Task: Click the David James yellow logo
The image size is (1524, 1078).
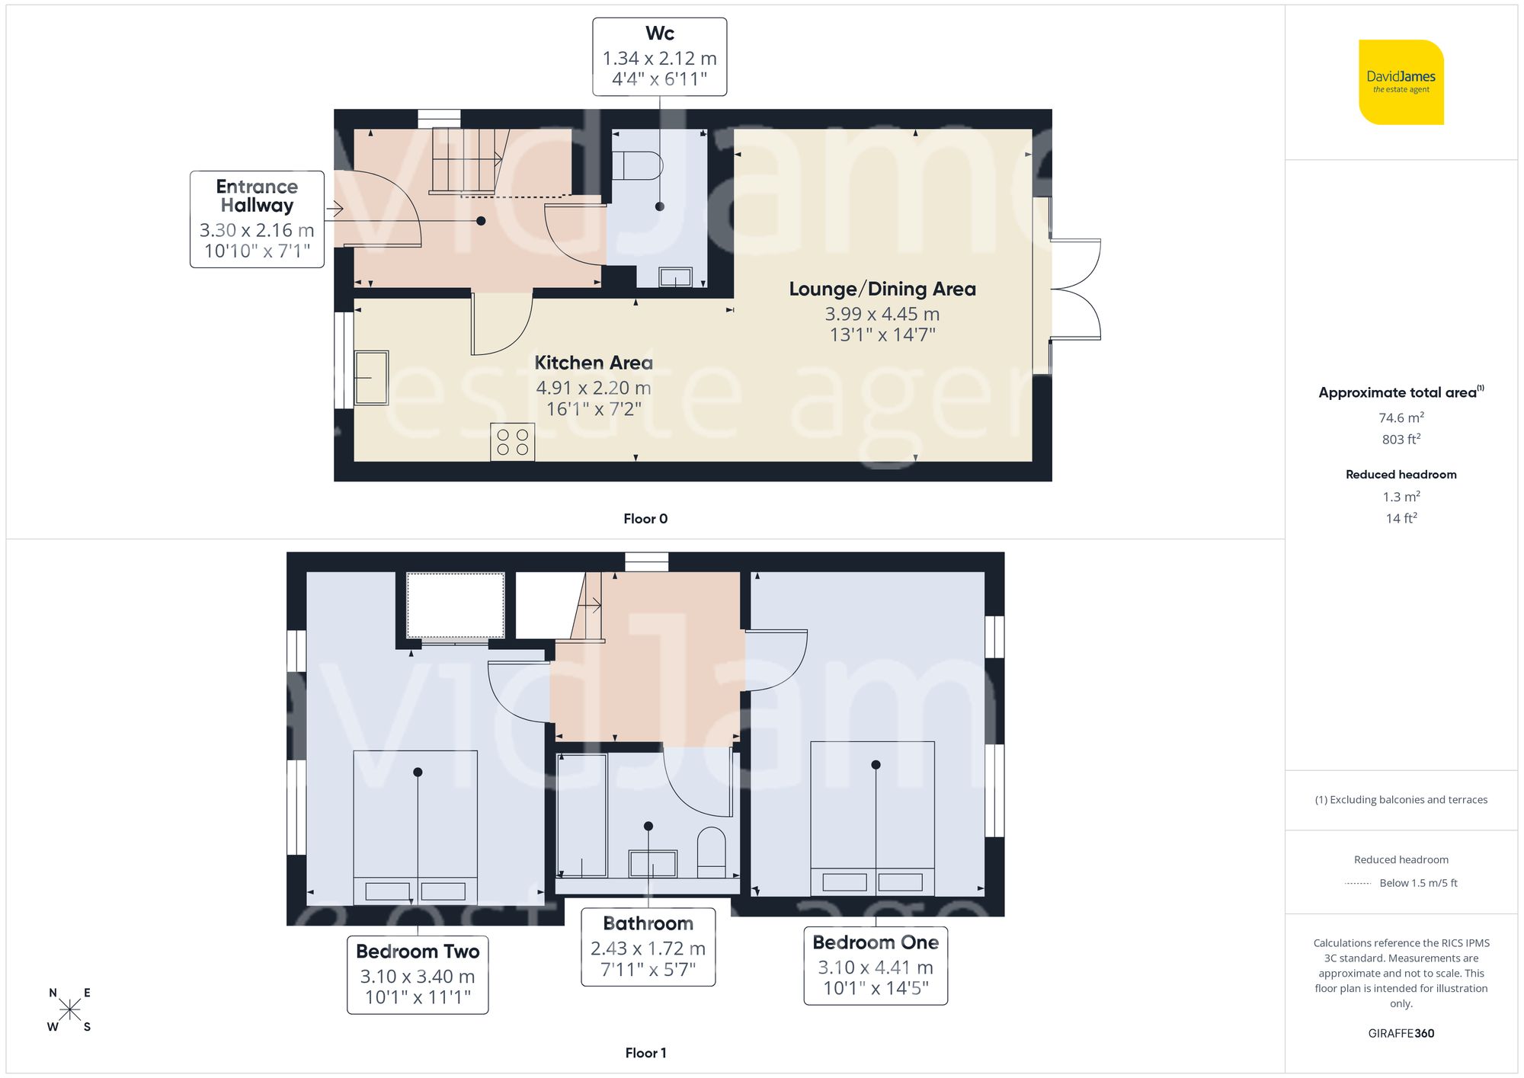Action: pos(1401,82)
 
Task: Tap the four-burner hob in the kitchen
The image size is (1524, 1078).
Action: pos(512,442)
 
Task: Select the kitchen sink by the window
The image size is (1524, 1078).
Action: pos(372,377)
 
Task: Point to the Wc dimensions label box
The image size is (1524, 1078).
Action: pos(659,57)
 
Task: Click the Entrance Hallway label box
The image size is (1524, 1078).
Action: pos(257,219)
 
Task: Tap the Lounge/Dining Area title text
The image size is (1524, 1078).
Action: pos(882,289)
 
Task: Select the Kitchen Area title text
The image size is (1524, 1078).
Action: pos(593,363)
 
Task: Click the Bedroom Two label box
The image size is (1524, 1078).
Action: pos(418,974)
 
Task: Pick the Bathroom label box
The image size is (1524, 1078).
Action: pos(648,946)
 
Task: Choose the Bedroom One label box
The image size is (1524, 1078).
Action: pos(875,965)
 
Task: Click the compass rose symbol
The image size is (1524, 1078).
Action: pos(69,1010)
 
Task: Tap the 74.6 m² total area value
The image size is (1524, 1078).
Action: pos(1401,417)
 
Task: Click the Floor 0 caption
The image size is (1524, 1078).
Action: pos(645,519)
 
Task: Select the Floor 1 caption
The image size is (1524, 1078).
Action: pos(645,1053)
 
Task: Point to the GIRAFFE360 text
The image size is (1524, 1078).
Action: pos(1401,1033)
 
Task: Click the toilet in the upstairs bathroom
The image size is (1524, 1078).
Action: pos(712,852)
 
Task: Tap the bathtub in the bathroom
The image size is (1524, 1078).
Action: pos(582,815)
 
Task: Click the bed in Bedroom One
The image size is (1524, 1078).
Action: pos(872,819)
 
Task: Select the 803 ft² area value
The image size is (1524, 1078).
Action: pos(1401,440)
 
